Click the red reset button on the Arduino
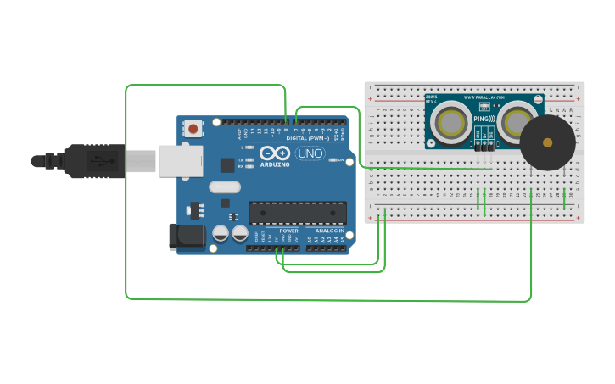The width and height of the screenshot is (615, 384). (x=193, y=129)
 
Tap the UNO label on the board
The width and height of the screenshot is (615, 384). (x=310, y=153)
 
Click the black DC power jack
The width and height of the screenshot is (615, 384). (x=187, y=237)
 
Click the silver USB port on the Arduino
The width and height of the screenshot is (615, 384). (x=181, y=160)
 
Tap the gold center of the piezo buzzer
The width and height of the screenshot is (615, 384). (x=547, y=142)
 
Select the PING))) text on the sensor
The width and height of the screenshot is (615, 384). (x=483, y=120)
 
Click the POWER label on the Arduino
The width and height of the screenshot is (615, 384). (x=288, y=231)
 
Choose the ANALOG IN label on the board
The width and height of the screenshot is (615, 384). (x=330, y=231)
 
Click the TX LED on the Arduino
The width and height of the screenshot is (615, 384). (x=249, y=159)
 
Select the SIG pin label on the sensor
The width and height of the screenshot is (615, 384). (x=490, y=133)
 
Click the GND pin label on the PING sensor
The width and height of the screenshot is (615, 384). (x=478, y=133)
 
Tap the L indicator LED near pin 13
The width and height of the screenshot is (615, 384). (x=249, y=147)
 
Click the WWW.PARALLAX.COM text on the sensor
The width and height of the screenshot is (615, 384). (x=484, y=97)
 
